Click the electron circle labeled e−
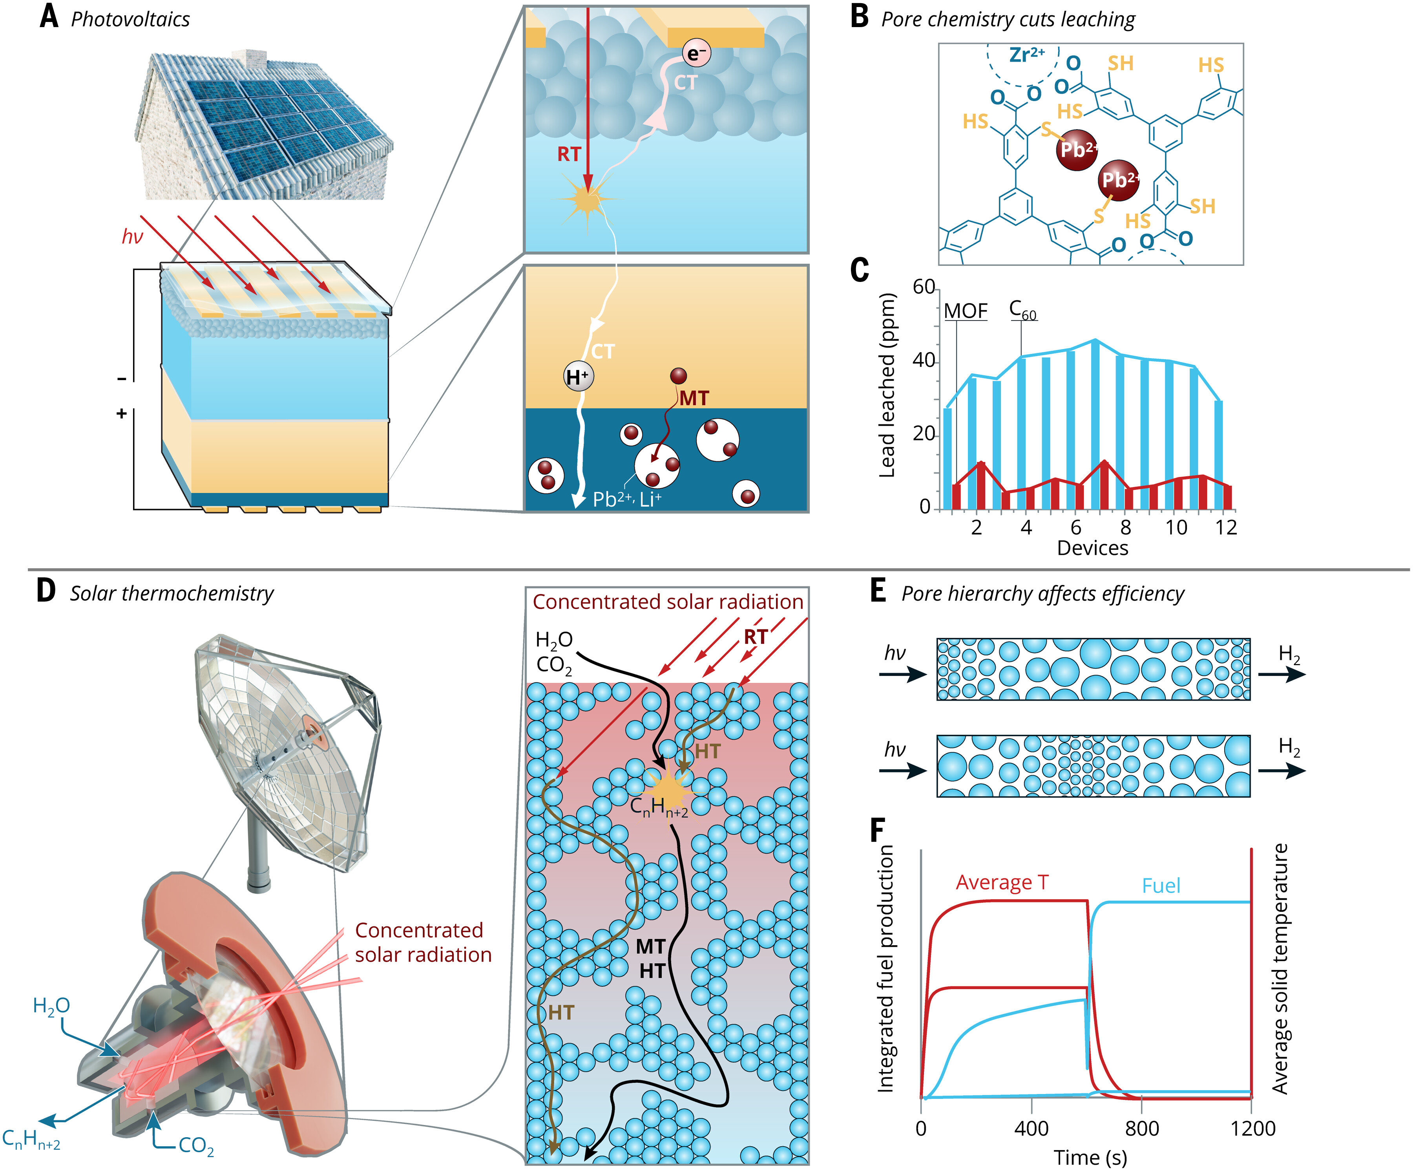pos(696,53)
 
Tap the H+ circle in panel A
pos(578,376)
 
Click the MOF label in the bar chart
pos(966,311)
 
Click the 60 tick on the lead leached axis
pos(924,287)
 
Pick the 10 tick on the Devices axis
pos(1176,528)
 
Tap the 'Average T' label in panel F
pos(1002,882)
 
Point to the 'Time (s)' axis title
pos(1090,1158)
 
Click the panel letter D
pos(46,591)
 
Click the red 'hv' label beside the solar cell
pos(133,236)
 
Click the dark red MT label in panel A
pos(694,399)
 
